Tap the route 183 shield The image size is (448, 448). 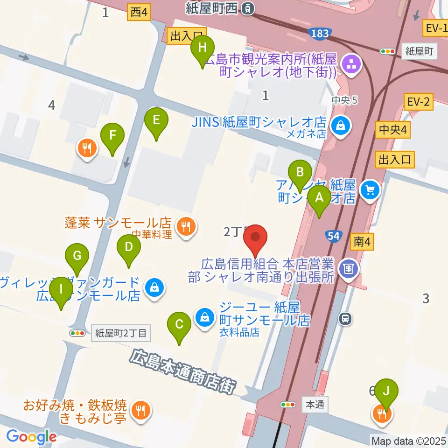[x=319, y=33]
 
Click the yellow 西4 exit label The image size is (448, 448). [x=139, y=14]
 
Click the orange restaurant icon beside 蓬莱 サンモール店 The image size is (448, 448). [x=186, y=227]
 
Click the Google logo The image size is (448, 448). [x=31, y=437]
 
